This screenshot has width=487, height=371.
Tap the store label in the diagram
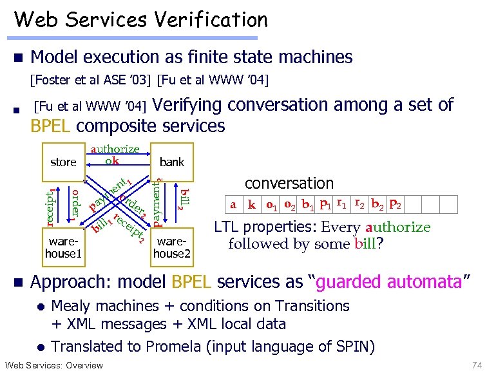pyautogui.click(x=63, y=162)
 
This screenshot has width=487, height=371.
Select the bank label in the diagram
pyautogui.click(x=172, y=162)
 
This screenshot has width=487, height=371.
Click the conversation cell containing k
pyautogui.click(x=252, y=205)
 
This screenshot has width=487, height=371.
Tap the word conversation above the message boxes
pyautogui.click(x=289, y=184)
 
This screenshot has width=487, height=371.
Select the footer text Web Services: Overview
pyautogui.click(x=53, y=365)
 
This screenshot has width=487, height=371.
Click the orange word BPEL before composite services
pyautogui.click(x=51, y=125)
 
